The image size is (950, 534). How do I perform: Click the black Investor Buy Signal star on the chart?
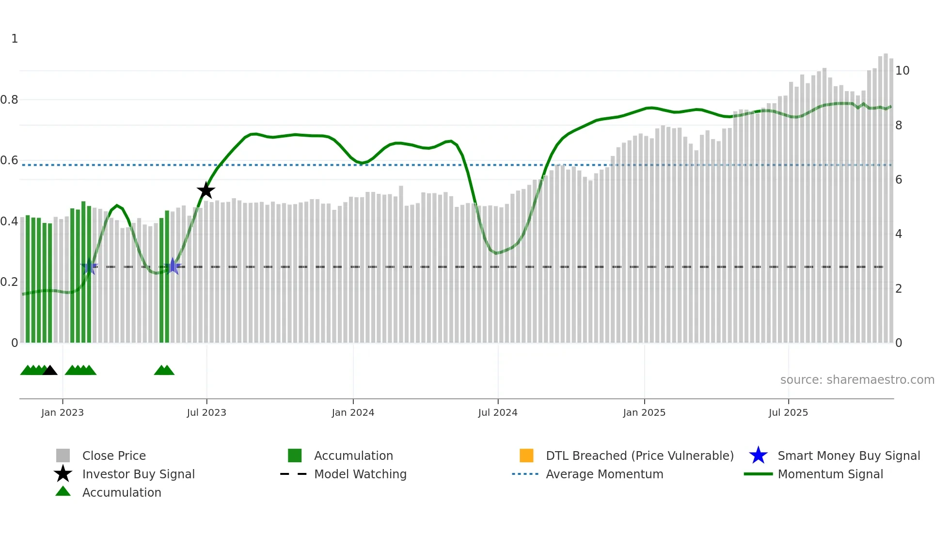(x=206, y=190)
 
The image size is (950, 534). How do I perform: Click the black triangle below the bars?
(x=50, y=371)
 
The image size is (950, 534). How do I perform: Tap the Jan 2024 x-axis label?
(x=353, y=412)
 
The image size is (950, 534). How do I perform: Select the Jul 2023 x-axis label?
(x=206, y=412)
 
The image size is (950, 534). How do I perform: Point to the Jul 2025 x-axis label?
(x=788, y=412)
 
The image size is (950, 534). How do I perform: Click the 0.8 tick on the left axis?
(x=9, y=100)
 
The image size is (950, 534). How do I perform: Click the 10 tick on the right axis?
(x=902, y=71)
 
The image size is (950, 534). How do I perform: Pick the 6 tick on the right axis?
(x=899, y=180)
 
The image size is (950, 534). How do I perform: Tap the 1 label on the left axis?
(x=15, y=39)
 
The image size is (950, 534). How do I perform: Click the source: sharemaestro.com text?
(x=857, y=380)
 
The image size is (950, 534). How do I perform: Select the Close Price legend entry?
(x=114, y=455)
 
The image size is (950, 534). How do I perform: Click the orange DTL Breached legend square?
(x=526, y=455)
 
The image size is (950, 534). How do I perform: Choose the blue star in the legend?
(x=758, y=455)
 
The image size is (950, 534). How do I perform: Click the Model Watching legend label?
(x=360, y=474)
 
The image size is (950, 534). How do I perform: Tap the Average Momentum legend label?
(x=604, y=474)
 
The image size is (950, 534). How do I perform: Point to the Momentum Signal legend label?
(x=830, y=474)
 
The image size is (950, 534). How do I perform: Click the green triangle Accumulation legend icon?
(x=63, y=491)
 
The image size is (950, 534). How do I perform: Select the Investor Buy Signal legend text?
(x=139, y=474)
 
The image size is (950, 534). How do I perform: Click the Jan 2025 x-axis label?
(x=644, y=412)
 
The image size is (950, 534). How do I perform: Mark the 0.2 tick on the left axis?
(x=9, y=282)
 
